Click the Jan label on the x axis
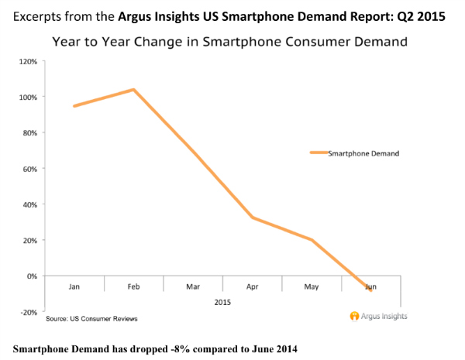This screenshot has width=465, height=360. (74, 286)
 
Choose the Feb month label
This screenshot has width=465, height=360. (133, 286)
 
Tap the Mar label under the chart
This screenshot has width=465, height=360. (193, 286)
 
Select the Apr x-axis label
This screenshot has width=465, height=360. (253, 286)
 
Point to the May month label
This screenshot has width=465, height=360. (312, 286)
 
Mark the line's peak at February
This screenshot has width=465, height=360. (134, 90)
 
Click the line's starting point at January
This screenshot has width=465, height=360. (74, 106)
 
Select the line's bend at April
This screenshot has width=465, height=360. (253, 218)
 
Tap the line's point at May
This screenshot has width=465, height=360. (312, 240)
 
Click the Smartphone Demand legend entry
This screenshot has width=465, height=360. (363, 153)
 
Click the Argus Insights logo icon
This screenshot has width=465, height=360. (354, 316)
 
